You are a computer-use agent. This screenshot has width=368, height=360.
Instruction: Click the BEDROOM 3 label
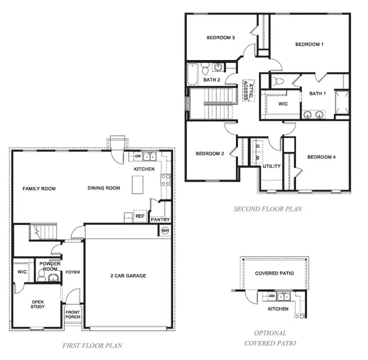tap(221, 38)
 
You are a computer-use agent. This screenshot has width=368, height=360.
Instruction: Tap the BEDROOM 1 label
tap(309, 44)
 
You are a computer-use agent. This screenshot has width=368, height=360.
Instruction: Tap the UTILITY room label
tap(271, 166)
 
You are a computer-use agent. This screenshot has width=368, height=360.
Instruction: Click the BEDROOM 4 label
tap(322, 157)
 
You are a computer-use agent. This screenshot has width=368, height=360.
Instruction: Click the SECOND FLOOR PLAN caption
tap(268, 209)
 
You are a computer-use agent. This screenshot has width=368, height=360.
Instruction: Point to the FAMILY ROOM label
tap(39, 188)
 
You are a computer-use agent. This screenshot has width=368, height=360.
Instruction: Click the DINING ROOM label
tap(104, 188)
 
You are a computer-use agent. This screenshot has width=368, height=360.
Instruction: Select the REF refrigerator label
tap(140, 216)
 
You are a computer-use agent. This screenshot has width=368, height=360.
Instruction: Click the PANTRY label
tap(160, 220)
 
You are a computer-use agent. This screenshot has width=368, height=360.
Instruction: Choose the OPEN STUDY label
tap(38, 304)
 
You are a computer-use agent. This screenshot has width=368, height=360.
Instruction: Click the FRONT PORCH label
tap(73, 314)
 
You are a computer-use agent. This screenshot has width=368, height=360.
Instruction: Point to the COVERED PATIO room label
tap(275, 273)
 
